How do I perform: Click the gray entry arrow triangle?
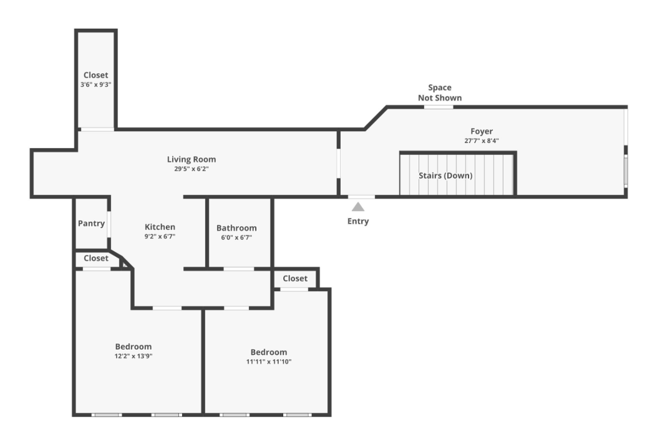tap(358, 207)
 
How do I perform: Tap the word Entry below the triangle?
tap(358, 221)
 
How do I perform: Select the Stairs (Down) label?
tap(445, 176)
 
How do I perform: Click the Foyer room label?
tap(481, 131)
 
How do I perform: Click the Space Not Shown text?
tap(440, 92)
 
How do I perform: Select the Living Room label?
tap(192, 159)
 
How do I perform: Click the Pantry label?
tap(90, 223)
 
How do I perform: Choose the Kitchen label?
tap(160, 227)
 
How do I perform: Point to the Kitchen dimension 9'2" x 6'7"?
tap(160, 237)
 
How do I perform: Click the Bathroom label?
tap(236, 228)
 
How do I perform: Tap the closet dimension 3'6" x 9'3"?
tap(95, 84)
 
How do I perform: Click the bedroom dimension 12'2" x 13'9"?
tap(133, 356)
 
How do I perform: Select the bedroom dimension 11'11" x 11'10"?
tap(268, 361)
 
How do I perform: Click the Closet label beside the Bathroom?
tap(295, 278)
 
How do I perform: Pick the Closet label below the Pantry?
tap(96, 258)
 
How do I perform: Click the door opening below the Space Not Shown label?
tap(439, 107)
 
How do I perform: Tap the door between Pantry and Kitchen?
tap(109, 224)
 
